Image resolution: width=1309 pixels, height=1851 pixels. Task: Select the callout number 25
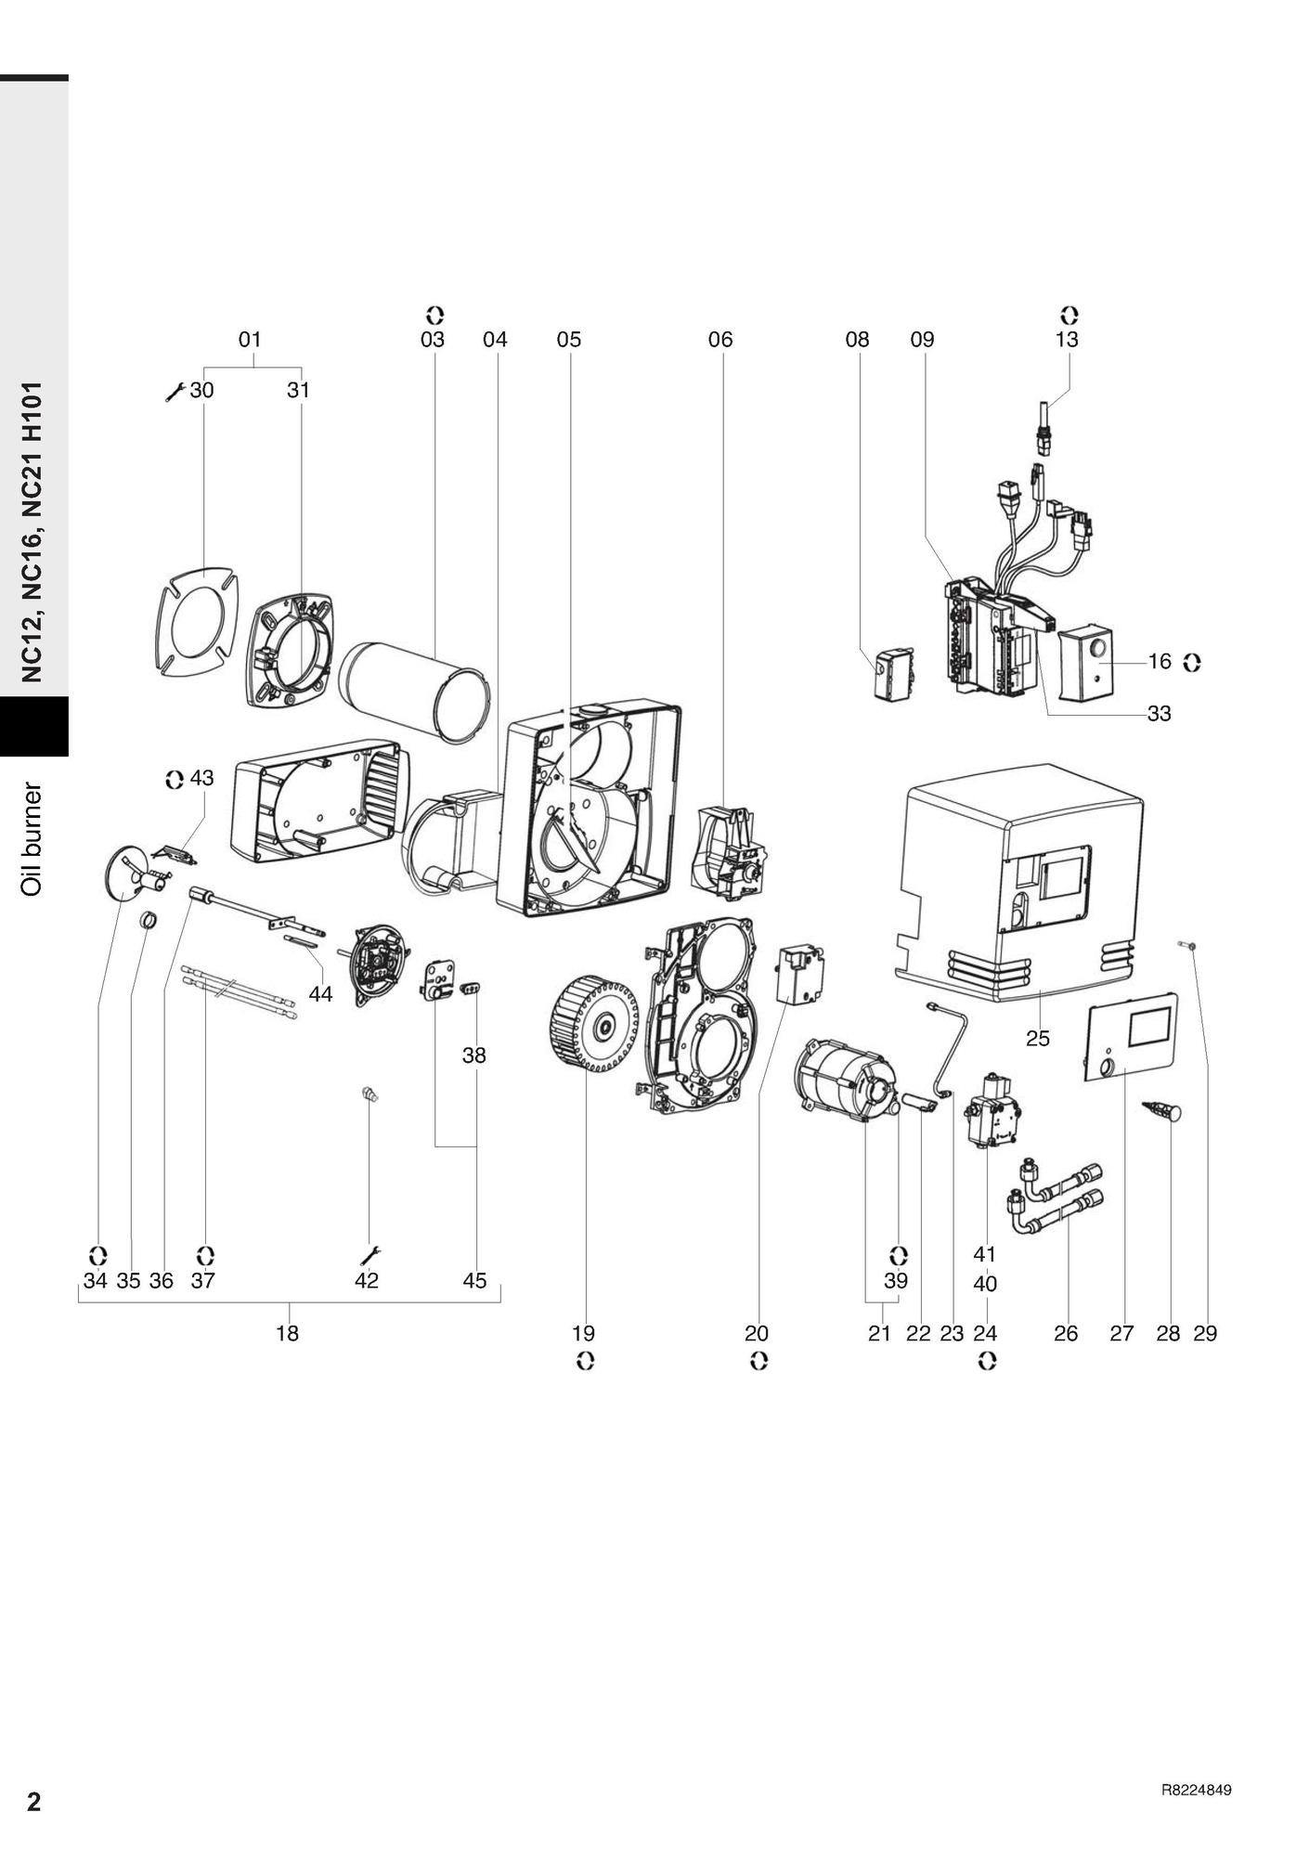pyautogui.click(x=1038, y=1039)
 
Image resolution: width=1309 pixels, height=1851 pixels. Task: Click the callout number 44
pyautogui.click(x=320, y=995)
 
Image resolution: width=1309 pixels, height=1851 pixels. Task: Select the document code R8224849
pyautogui.click(x=1196, y=1790)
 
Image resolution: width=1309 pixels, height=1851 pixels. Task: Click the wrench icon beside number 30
pyautogui.click(x=174, y=392)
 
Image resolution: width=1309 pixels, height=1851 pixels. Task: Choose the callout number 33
pyautogui.click(x=1159, y=714)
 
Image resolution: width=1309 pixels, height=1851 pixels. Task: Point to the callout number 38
pyautogui.click(x=474, y=1055)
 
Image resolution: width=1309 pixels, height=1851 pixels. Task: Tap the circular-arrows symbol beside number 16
pyautogui.click(x=1192, y=662)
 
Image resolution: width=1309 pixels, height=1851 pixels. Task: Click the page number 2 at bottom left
pyautogui.click(x=34, y=1802)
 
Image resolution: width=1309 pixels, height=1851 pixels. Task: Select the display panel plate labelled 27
pyautogui.click(x=1132, y=1038)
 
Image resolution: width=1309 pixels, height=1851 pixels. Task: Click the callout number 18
pyautogui.click(x=288, y=1333)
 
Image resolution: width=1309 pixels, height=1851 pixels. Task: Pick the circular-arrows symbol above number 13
pyautogui.click(x=1070, y=315)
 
